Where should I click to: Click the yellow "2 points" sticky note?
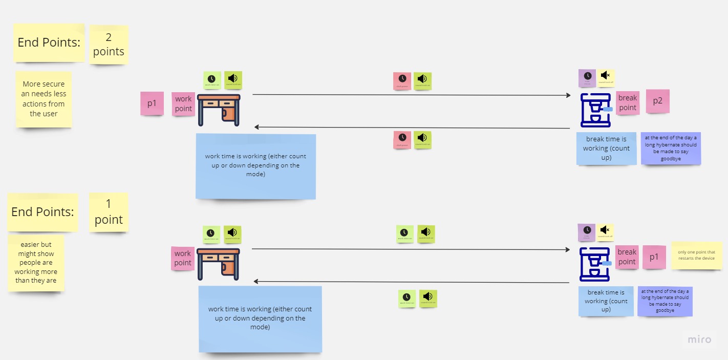coord(109,45)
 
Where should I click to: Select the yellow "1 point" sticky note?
coord(109,212)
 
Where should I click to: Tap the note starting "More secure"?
coord(44,99)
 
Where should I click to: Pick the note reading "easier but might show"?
coord(36,263)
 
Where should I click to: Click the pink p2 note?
coord(657,101)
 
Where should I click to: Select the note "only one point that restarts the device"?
coord(696,255)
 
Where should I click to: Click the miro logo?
coord(699,339)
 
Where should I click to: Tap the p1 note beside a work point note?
coord(152,103)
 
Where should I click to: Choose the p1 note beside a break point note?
coord(654,257)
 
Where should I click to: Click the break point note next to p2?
coord(627,103)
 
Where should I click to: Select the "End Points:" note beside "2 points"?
coord(49,43)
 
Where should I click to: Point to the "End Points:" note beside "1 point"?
coord(42,212)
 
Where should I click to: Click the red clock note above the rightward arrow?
coord(402,81)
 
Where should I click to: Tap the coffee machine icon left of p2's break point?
coord(595,110)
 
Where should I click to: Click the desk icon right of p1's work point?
coord(219,110)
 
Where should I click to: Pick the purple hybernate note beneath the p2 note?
coord(671,148)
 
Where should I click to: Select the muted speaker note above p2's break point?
coord(605,78)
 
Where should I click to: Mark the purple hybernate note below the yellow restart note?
coord(665,301)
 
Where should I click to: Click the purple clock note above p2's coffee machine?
coord(587,78)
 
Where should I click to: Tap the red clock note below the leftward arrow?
coord(402,140)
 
